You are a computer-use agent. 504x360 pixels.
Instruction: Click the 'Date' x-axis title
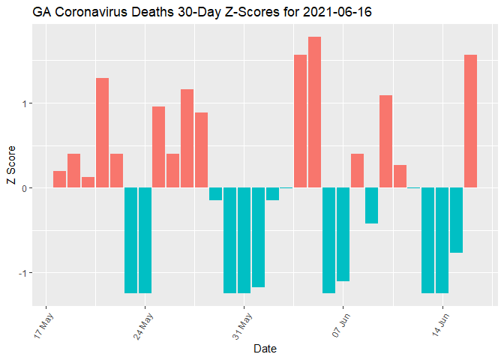tap(265, 348)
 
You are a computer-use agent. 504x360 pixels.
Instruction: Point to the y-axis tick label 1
tap(25, 103)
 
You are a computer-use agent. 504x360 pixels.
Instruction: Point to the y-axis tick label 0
tap(25, 188)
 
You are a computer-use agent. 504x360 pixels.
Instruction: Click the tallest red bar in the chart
tap(314, 112)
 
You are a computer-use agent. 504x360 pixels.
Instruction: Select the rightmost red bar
tap(470, 121)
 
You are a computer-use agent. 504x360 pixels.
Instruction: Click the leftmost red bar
tap(60, 179)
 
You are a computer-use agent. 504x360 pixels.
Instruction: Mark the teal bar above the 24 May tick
tap(145, 240)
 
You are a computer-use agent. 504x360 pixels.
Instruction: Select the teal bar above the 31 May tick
tap(244, 240)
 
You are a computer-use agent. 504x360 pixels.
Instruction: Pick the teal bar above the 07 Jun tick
tap(343, 234)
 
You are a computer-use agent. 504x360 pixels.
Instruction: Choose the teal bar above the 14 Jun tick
tap(442, 240)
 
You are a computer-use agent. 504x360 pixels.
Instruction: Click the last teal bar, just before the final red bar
tap(456, 220)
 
